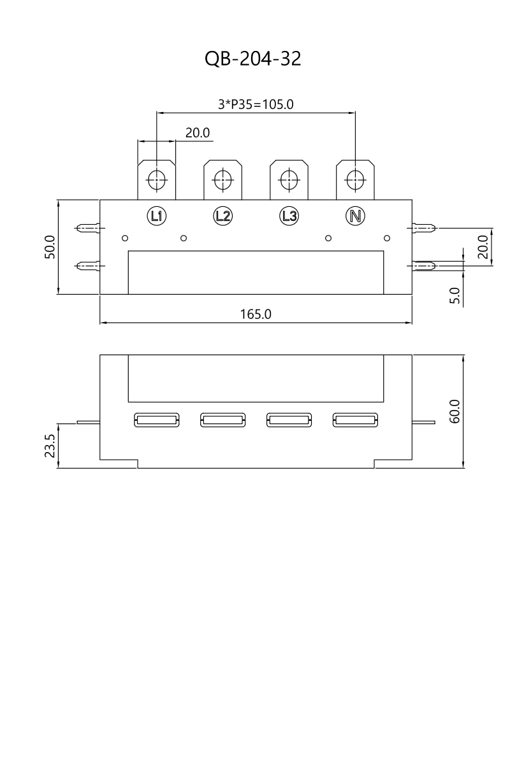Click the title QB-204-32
pyautogui.click(x=253, y=59)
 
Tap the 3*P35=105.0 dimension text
pyautogui.click(x=256, y=104)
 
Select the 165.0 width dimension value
pyautogui.click(x=256, y=314)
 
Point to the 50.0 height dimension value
pyautogui.click(x=50, y=247)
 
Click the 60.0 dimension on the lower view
pyautogui.click(x=455, y=412)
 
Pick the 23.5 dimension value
pyautogui.click(x=50, y=446)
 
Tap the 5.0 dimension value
pyautogui.click(x=455, y=295)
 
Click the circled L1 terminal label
pyautogui.click(x=157, y=216)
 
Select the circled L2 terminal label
pyautogui.click(x=222, y=216)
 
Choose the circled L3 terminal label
pyautogui.click(x=289, y=216)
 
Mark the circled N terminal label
pyautogui.click(x=355, y=216)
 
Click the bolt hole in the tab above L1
pyautogui.click(x=157, y=180)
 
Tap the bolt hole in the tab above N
pyautogui.click(x=355, y=180)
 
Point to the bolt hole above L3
pyautogui.click(x=289, y=180)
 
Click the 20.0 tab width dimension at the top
pyautogui.click(x=198, y=132)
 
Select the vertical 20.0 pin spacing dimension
pyautogui.click(x=483, y=247)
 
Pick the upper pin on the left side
pyautogui.click(x=88, y=227)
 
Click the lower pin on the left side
pyautogui.click(x=88, y=265)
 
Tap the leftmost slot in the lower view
pyautogui.click(x=157, y=420)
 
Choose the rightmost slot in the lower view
pyautogui.click(x=355, y=420)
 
